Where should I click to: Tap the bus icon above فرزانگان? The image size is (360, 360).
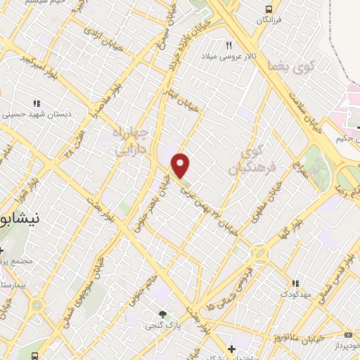[269, 9]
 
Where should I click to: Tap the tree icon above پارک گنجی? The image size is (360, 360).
[163, 314]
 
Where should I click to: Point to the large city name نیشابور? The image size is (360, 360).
[21, 218]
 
